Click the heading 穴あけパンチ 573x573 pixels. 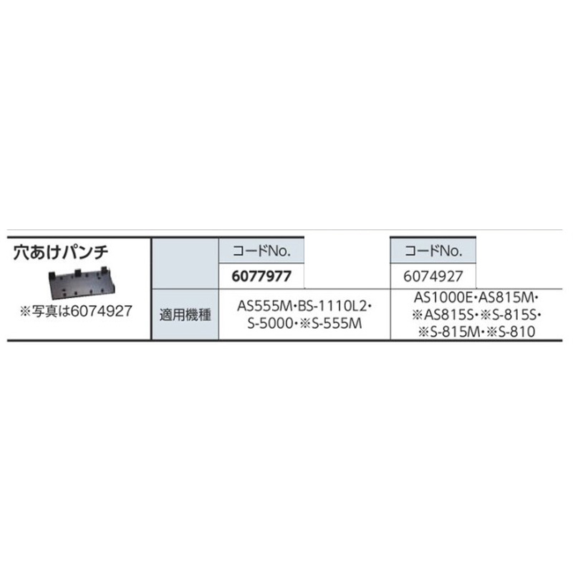(x=61, y=253)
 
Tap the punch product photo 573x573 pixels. (x=82, y=283)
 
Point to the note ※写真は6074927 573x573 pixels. (x=76, y=312)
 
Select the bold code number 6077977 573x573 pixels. (x=261, y=276)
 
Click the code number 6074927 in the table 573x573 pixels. (x=433, y=276)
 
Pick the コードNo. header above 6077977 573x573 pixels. (x=261, y=251)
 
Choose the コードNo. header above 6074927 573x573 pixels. (x=433, y=251)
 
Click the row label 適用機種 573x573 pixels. (x=186, y=315)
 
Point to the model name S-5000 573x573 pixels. (x=270, y=324)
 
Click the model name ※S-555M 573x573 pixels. (x=331, y=324)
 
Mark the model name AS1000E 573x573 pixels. (x=443, y=298)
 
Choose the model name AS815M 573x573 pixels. (x=506, y=298)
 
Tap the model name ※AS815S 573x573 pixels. (x=443, y=314)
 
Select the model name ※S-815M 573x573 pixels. (x=446, y=332)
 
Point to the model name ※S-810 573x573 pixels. (x=509, y=332)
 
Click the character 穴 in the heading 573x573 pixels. (x=21, y=253)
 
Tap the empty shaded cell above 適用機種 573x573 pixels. (x=186, y=263)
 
